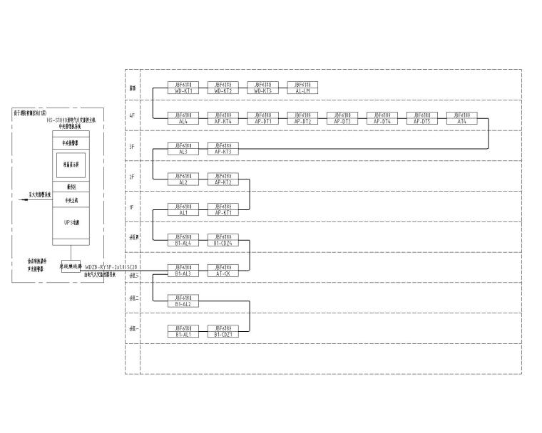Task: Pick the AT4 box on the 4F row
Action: click(461, 118)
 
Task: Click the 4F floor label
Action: click(132, 116)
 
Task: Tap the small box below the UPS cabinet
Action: click(69, 267)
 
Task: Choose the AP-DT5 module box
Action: click(421, 118)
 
